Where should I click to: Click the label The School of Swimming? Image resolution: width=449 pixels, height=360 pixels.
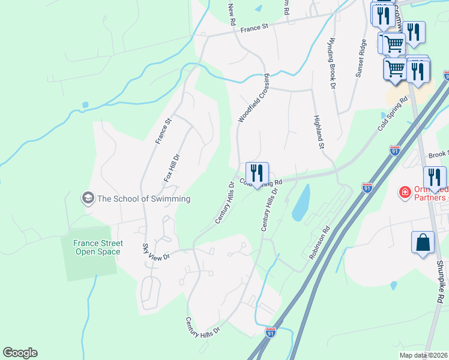143,199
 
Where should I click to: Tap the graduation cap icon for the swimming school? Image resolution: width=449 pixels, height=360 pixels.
88,198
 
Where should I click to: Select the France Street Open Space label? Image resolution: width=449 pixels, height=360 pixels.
98,247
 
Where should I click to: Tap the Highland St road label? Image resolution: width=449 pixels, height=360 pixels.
318,133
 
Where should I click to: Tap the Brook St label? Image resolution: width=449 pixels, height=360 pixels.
438,155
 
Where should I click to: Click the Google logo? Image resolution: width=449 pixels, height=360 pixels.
20,353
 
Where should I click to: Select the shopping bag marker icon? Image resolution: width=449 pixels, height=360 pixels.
423,243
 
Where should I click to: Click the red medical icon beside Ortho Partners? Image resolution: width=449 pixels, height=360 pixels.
405,193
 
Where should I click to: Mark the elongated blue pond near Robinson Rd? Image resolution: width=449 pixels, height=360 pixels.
301,203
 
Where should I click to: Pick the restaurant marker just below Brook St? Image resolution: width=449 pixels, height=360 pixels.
435,178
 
